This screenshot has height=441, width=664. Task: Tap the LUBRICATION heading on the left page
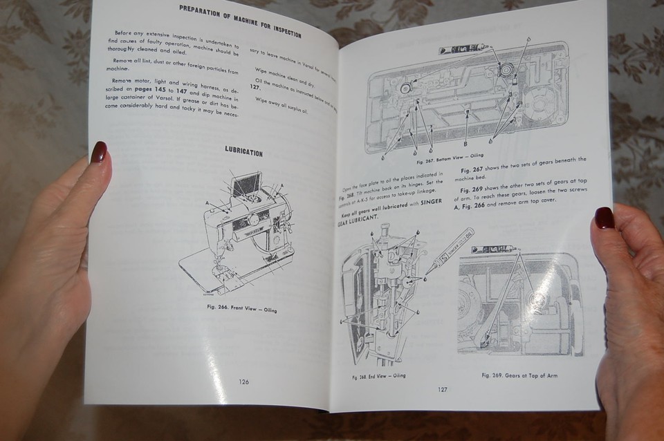click(243, 151)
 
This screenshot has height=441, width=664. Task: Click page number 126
click(243, 382)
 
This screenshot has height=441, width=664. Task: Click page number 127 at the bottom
click(443, 389)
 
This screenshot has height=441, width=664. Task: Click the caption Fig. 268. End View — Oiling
click(378, 376)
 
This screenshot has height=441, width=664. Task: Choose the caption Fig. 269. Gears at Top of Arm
click(519, 375)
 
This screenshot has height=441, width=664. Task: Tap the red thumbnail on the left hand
click(98, 152)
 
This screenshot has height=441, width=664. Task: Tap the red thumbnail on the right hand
click(604, 217)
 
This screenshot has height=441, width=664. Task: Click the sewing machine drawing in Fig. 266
click(239, 232)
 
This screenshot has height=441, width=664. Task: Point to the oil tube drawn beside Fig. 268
click(448, 250)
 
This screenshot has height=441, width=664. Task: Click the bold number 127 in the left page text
click(255, 87)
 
